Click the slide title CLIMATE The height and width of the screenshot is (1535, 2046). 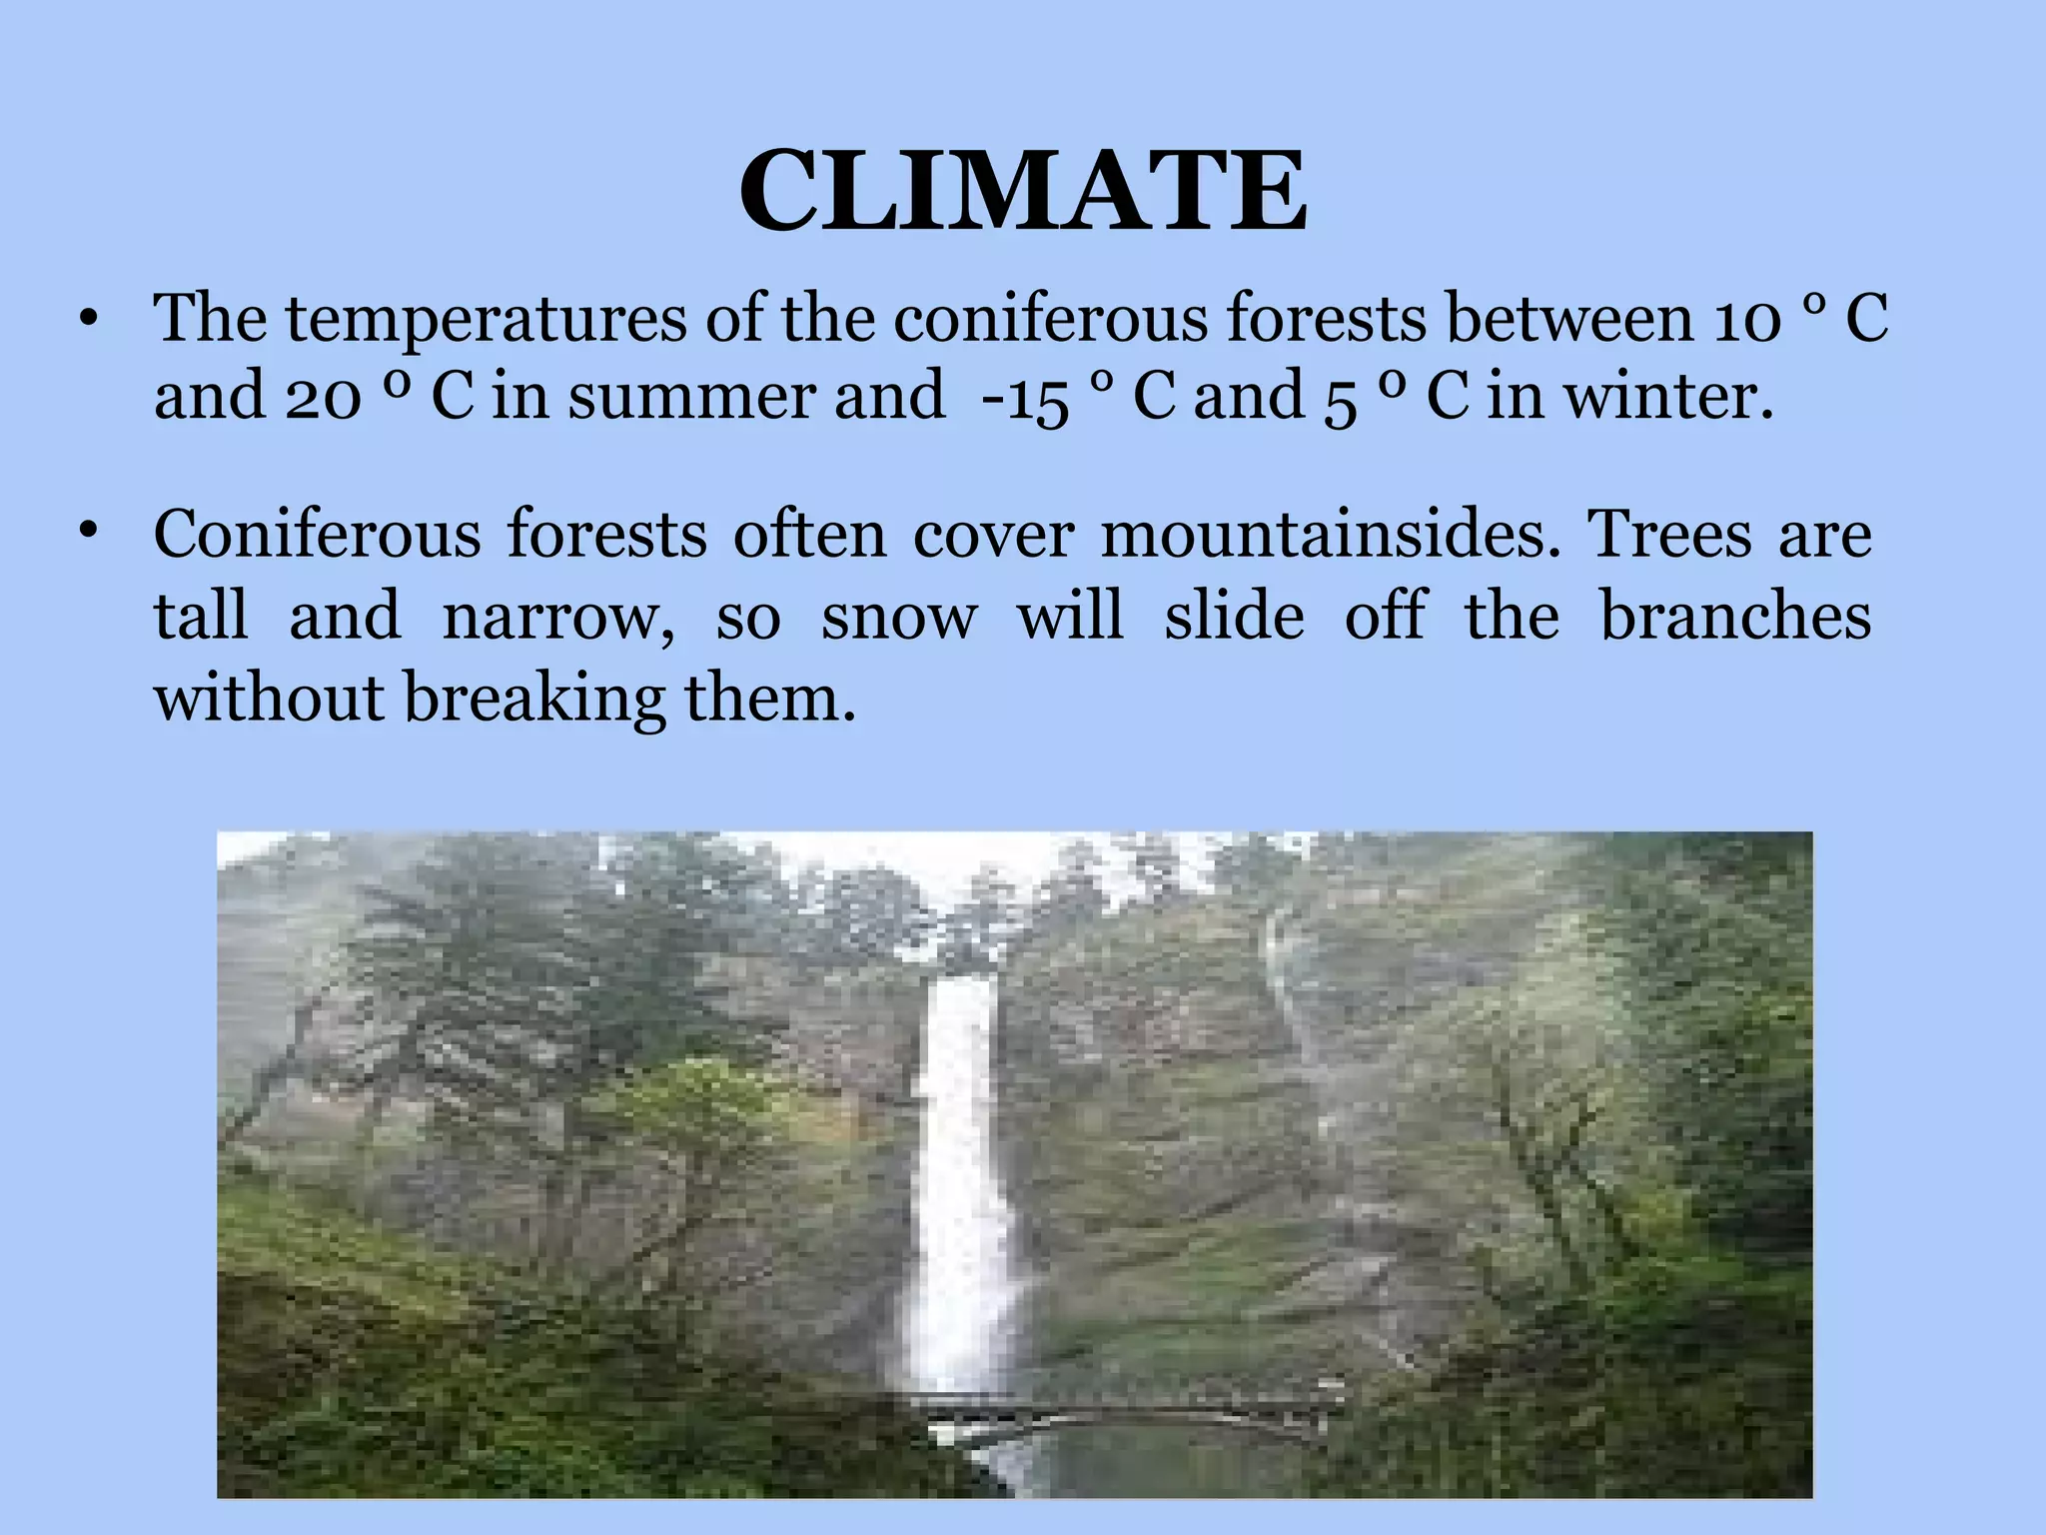click(x=1022, y=191)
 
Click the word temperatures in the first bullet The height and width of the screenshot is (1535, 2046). click(x=486, y=320)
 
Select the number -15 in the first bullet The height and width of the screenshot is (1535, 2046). click(x=1026, y=398)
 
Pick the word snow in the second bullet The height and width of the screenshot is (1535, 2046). click(x=898, y=617)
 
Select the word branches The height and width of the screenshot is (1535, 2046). click(x=1735, y=616)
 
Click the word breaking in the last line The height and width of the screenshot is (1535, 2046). click(x=534, y=698)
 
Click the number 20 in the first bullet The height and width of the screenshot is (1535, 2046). click(x=323, y=398)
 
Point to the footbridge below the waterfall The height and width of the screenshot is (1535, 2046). click(x=1129, y=1413)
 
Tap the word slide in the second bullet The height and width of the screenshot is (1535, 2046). click(x=1234, y=616)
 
